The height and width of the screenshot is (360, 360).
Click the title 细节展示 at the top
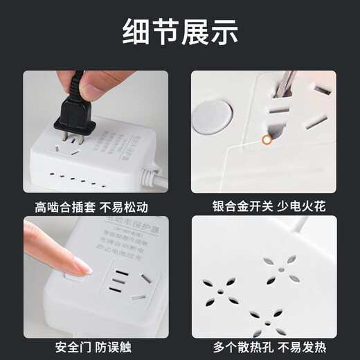180,31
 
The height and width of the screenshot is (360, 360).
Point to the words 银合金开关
242,207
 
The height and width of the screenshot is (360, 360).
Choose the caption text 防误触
116,347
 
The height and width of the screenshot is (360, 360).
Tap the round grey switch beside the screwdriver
214,116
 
